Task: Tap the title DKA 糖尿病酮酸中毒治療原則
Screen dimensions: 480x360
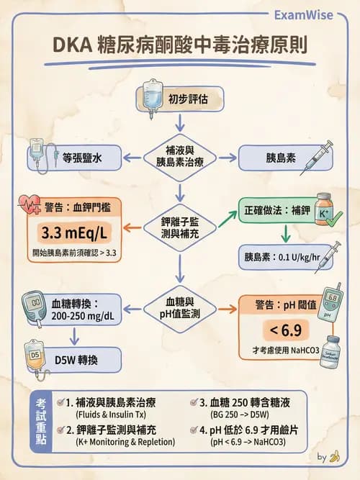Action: click(179, 45)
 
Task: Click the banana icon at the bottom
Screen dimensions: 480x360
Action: click(334, 457)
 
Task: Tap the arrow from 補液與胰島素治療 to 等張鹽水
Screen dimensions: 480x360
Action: click(132, 157)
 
